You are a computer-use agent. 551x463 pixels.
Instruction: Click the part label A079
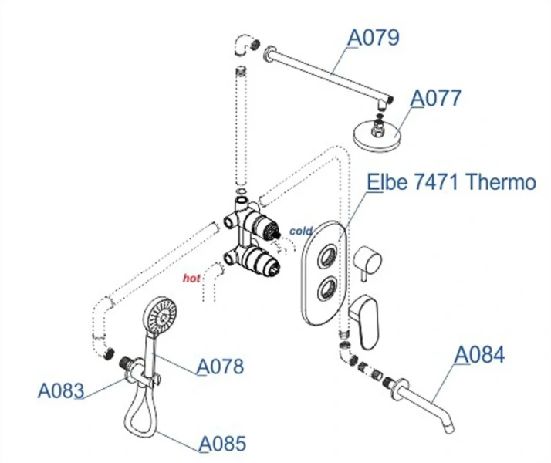point(374,36)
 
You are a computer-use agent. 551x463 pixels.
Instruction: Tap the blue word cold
point(301,230)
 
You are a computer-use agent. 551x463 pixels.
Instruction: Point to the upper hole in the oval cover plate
point(326,253)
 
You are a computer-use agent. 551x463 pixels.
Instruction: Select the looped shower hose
point(140,409)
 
